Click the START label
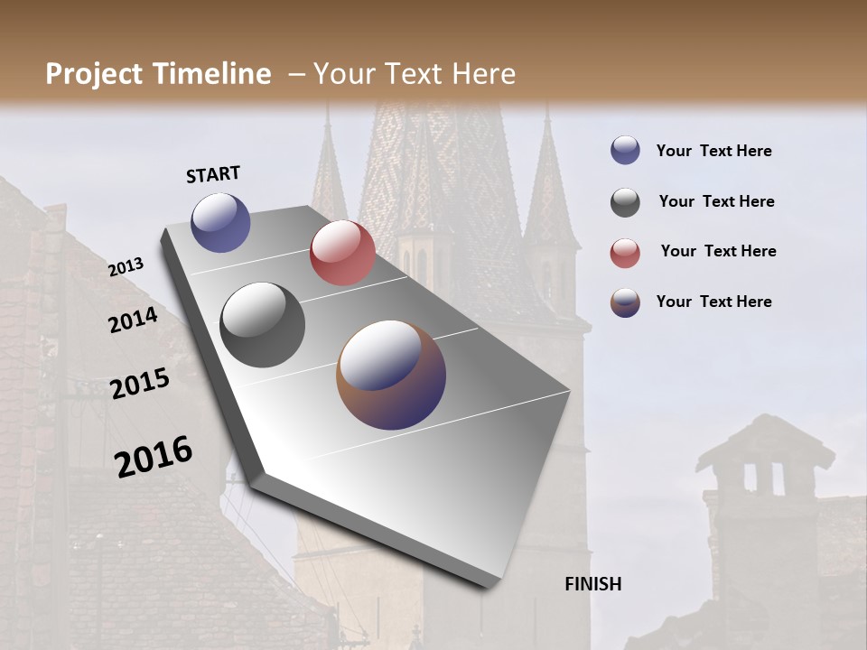point(213,174)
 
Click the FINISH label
point(592,584)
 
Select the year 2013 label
point(126,267)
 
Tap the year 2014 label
point(133,320)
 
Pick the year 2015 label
point(140,384)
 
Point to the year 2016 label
point(154,457)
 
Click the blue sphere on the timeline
point(220,222)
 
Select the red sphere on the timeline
point(342,253)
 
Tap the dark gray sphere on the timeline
point(263,325)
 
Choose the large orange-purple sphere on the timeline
point(391,375)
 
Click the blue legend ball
point(625,150)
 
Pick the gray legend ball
point(625,202)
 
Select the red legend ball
point(625,253)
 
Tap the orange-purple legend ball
point(625,302)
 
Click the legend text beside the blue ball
point(713,151)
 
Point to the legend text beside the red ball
point(718,251)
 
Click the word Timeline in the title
point(213,74)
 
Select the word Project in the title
point(94,74)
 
